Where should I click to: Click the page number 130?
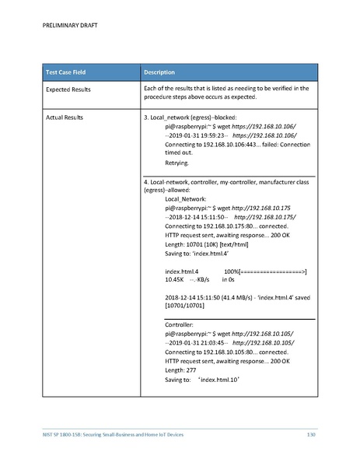(x=311, y=433)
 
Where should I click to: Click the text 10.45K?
(x=174, y=280)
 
